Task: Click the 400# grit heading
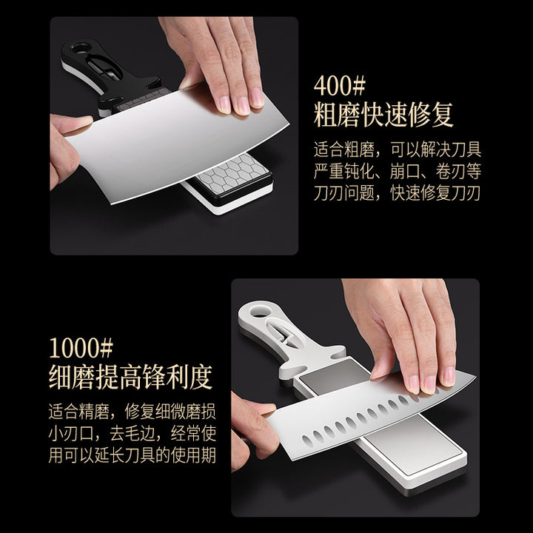click(339, 86)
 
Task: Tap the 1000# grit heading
click(81, 348)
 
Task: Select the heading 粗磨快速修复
click(383, 115)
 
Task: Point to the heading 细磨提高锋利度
click(130, 377)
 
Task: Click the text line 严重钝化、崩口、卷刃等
click(397, 171)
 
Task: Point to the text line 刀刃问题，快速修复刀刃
click(397, 192)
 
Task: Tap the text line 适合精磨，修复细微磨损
click(133, 412)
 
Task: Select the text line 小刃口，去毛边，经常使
click(133, 433)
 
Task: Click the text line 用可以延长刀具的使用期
click(133, 455)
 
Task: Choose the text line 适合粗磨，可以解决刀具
click(397, 150)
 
